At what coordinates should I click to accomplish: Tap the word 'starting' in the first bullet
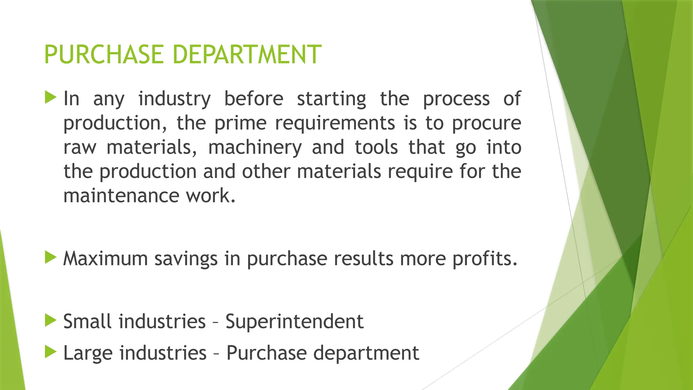332,99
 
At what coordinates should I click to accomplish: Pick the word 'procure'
487,123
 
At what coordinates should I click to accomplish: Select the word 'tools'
376,147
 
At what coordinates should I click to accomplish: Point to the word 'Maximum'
106,259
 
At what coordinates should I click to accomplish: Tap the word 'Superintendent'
294,322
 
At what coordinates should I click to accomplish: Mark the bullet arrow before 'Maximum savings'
50,258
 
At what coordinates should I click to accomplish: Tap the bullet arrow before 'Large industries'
50,352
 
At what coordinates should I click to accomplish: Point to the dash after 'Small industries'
216,322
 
